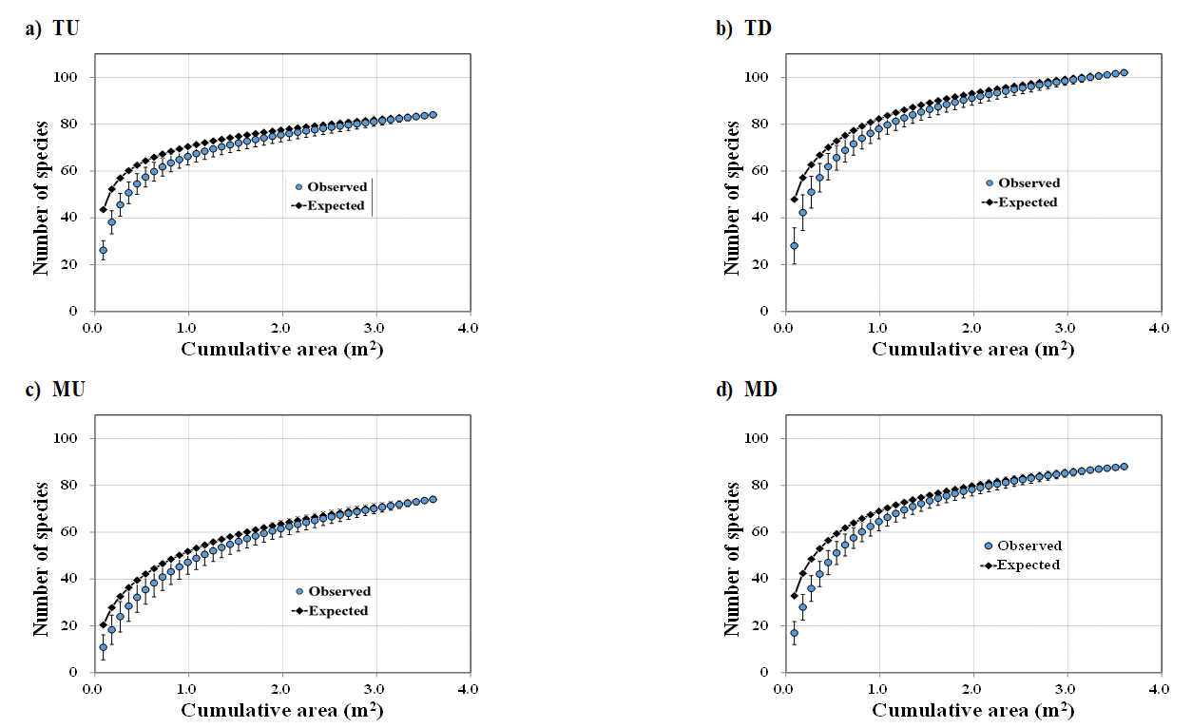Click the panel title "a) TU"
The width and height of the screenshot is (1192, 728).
pyautogui.click(x=51, y=29)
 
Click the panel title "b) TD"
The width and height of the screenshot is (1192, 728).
pyautogui.click(x=743, y=29)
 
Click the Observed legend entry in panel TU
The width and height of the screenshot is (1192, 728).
pyautogui.click(x=329, y=187)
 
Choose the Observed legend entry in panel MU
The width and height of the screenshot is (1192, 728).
pyautogui.click(x=332, y=591)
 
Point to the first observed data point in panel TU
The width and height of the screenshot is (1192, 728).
pyautogui.click(x=103, y=250)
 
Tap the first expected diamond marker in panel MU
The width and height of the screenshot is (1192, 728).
pyautogui.click(x=103, y=624)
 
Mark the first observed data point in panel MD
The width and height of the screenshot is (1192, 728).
pyautogui.click(x=794, y=633)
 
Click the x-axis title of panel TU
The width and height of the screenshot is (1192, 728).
pyautogui.click(x=282, y=349)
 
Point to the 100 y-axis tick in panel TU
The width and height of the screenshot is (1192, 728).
pyautogui.click(x=76, y=77)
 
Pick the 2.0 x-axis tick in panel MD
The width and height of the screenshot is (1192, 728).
pyautogui.click(x=971, y=689)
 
